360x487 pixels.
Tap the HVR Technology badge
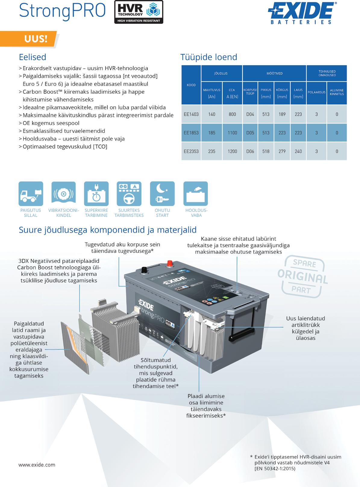[139, 12]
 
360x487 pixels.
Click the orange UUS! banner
[36, 39]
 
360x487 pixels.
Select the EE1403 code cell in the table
[191, 114]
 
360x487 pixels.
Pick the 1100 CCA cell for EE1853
[232, 133]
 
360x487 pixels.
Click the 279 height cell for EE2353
[282, 151]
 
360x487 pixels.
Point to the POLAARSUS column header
[316, 92]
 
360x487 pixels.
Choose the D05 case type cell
[250, 133]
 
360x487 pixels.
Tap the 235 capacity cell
[212, 151]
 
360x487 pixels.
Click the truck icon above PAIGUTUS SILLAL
[31, 194]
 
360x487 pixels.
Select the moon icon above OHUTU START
[162, 194]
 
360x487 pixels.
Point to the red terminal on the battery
[170, 264]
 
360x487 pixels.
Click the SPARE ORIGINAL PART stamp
[302, 276]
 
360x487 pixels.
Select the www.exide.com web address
[37, 465]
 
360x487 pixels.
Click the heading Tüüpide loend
[209, 57]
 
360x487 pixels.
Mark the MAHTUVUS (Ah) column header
[211, 93]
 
